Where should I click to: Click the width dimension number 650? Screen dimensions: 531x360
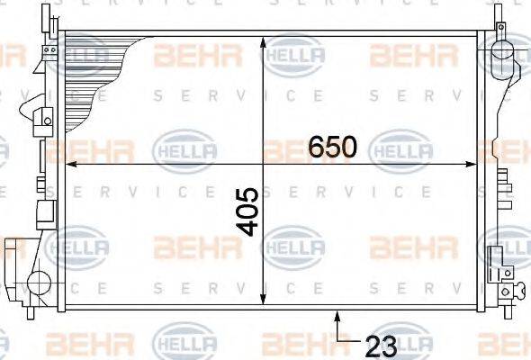(333, 147)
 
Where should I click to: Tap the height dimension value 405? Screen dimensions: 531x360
(247, 212)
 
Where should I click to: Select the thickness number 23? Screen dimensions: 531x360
(381, 346)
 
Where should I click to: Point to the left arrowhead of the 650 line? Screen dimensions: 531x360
(71, 165)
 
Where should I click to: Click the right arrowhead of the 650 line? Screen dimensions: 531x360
(472, 165)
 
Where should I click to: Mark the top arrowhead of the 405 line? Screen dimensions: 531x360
(263, 42)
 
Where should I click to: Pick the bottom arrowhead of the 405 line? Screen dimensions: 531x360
(263, 299)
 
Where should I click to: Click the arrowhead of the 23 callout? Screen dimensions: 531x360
(337, 316)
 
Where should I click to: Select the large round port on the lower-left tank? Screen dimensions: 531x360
(39, 283)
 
